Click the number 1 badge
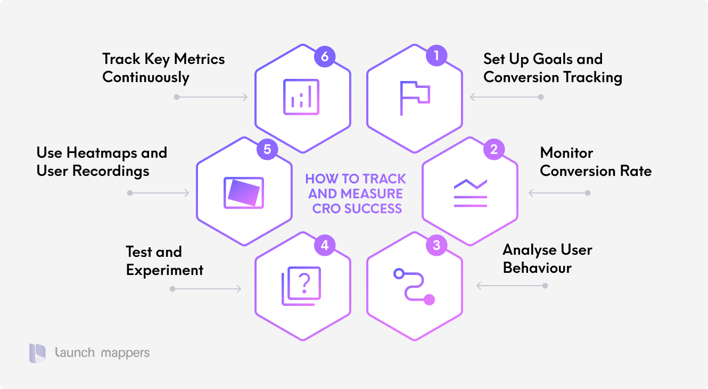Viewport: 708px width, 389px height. (x=437, y=55)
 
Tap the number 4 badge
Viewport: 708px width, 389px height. (x=325, y=246)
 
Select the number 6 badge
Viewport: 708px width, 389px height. (x=324, y=55)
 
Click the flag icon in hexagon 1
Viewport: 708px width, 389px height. (x=414, y=98)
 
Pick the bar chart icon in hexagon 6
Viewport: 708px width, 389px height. (x=301, y=97)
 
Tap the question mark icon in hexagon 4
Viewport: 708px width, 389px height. (x=301, y=286)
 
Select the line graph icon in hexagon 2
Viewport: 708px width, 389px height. (x=470, y=192)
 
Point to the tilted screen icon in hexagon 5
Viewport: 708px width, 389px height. (x=243, y=192)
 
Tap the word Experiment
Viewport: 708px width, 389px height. (x=164, y=270)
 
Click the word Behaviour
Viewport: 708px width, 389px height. (x=537, y=268)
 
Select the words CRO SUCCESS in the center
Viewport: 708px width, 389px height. (x=357, y=208)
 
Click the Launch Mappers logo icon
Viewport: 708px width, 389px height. (x=38, y=353)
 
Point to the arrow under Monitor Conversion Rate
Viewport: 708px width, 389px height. (x=558, y=193)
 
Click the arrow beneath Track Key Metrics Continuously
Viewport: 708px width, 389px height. (x=212, y=97)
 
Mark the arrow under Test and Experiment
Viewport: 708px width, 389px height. (x=206, y=289)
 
